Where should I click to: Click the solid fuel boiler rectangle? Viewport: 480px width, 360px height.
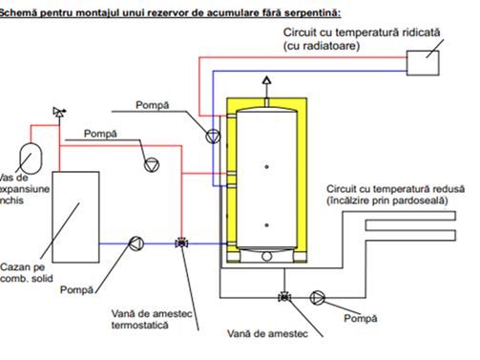point(75,217)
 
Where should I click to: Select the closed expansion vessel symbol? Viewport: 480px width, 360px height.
point(31,159)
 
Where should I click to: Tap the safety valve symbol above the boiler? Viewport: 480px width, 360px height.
point(59,112)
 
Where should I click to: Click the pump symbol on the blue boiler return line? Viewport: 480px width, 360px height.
point(136,244)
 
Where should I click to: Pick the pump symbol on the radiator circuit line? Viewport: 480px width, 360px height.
point(213,137)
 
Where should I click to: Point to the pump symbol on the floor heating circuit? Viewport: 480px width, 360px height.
point(318,298)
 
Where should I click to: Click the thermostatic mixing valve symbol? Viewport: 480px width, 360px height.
point(181,244)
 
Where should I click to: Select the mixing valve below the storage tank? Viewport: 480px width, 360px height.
point(284,297)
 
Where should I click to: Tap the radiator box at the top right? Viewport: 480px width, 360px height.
point(423,63)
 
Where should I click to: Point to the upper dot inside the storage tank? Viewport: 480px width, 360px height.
point(267,167)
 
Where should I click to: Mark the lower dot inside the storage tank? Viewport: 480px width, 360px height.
point(267,225)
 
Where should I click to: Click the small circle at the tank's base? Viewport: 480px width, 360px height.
point(267,256)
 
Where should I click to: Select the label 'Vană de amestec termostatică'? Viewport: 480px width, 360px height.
point(152,319)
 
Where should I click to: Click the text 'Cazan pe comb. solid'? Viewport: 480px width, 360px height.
point(27,272)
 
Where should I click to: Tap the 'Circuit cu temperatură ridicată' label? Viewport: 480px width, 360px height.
point(362,32)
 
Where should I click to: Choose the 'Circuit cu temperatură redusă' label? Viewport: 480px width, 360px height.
point(395,189)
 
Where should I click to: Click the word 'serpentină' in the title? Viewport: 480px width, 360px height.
point(312,12)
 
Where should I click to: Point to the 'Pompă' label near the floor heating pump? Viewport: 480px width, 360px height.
point(361,318)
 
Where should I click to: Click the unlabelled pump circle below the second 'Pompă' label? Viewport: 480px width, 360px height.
point(152,165)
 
